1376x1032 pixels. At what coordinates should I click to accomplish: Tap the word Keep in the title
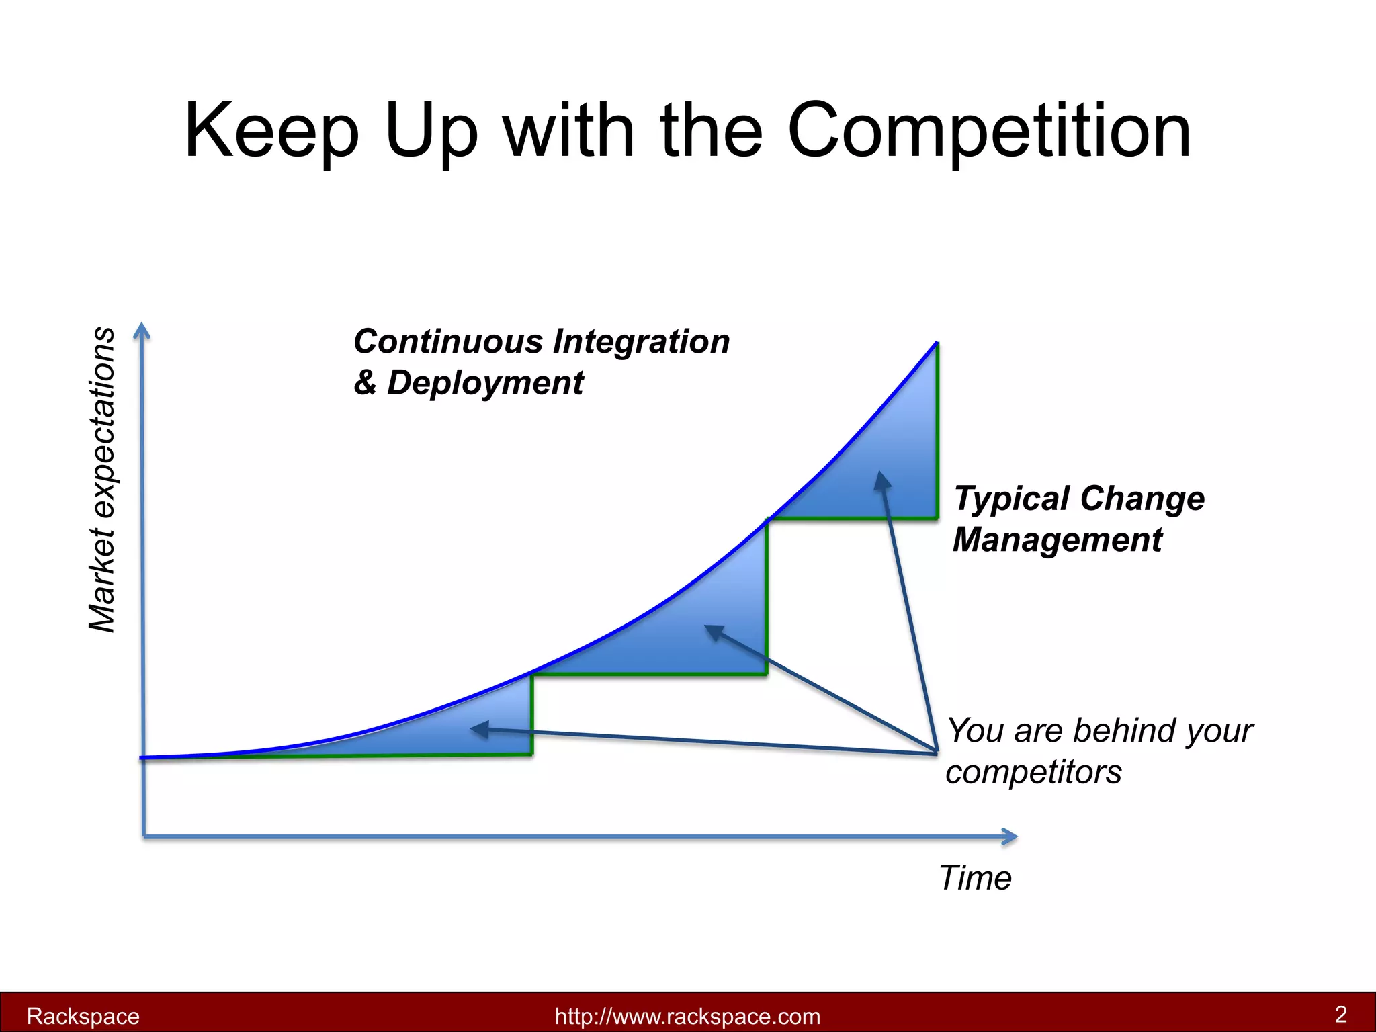click(271, 131)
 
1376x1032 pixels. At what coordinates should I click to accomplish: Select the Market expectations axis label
click(102, 479)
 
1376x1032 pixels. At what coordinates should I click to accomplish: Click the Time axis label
click(975, 877)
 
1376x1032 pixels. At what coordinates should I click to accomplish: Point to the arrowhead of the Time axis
click(1010, 836)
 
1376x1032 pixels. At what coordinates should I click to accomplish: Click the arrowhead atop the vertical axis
click(141, 330)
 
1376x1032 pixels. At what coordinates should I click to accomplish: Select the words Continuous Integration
click(542, 341)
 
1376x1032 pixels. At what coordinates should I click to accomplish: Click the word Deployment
click(485, 383)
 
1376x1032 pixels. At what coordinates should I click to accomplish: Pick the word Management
click(1058, 540)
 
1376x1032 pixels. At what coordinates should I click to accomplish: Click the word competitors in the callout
click(1033, 772)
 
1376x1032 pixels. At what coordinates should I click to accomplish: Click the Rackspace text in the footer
click(83, 1016)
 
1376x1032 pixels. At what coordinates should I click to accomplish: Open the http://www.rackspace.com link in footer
click(687, 1016)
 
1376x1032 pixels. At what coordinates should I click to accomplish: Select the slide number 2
click(1340, 1014)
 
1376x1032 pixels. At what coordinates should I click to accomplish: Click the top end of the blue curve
click(936, 344)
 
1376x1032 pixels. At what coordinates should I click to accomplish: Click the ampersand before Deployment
click(365, 383)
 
